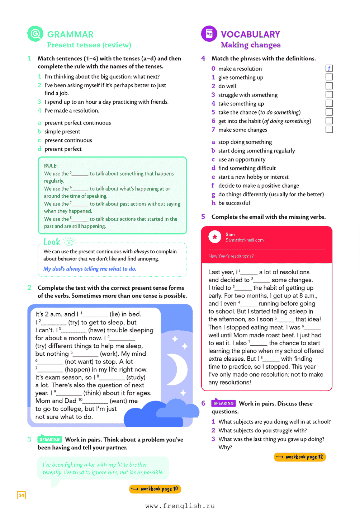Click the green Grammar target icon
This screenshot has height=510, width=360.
[x=35, y=34]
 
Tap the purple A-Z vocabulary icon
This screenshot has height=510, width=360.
[x=209, y=34]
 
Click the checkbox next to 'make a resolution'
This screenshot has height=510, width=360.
[x=329, y=68]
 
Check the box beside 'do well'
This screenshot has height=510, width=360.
[x=329, y=86]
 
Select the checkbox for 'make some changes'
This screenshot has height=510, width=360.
[x=329, y=129]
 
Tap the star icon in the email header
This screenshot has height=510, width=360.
[x=215, y=237]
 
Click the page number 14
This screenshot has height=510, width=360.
[x=22, y=495]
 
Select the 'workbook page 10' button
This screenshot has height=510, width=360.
[x=155, y=489]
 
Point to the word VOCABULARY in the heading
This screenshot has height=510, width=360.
[x=250, y=34]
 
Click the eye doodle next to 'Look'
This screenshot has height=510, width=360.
[x=69, y=242]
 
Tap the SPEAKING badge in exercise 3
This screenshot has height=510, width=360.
[x=49, y=439]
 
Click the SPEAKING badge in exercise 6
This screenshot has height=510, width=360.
[x=223, y=403]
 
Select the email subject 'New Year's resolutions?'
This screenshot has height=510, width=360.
[x=231, y=256]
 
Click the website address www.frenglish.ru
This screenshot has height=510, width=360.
[x=180, y=506]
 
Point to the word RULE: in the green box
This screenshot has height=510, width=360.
[x=51, y=166]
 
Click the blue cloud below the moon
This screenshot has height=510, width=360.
[x=161, y=413]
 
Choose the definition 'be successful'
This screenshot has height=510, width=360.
[x=234, y=203]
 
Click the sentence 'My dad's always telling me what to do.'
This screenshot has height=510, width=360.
[x=90, y=269]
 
